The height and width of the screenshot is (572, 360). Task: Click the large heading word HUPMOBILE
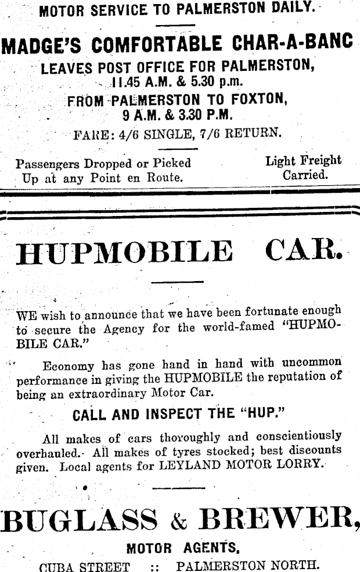click(x=125, y=252)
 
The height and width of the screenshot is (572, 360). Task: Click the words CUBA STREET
click(x=84, y=566)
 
